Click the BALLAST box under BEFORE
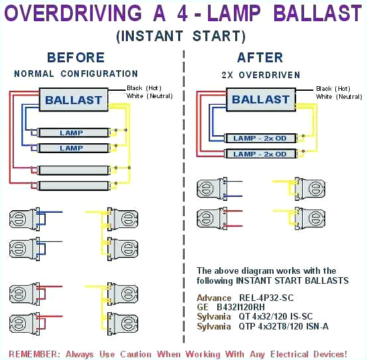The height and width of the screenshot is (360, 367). [73, 101]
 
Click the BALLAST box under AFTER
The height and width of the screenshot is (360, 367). [261, 100]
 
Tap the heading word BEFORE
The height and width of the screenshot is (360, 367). [76, 58]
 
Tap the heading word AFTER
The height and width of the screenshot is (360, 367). [260, 58]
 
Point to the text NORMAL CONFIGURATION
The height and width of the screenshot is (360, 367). [76, 74]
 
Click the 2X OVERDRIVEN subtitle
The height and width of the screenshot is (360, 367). [260, 75]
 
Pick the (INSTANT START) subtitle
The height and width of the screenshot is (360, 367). [181, 36]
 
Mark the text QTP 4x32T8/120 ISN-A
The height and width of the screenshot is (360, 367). [284, 327]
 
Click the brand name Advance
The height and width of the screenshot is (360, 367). [214, 298]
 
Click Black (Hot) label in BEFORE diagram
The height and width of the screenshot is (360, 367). [144, 88]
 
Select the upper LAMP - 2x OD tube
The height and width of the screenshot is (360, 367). [259, 138]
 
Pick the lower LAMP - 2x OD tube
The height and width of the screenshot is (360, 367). [259, 154]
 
